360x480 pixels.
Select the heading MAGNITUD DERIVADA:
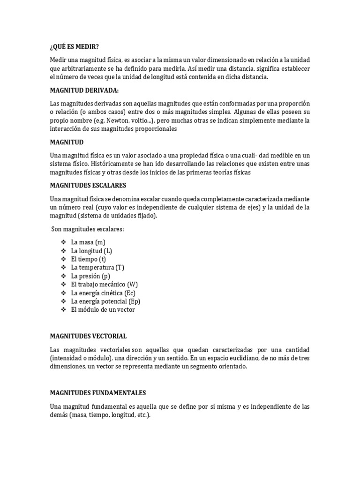pyautogui.click(x=84, y=90)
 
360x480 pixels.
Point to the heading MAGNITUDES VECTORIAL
pyautogui.click(x=88, y=337)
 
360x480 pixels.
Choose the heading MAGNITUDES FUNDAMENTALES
pyautogui.click(x=98, y=393)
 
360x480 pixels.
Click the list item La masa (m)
pyautogui.click(x=88, y=242)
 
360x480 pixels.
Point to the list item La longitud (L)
pyautogui.click(x=91, y=250)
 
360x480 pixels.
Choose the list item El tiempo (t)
pyautogui.click(x=88, y=259)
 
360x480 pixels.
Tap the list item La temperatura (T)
pyautogui.click(x=97, y=267)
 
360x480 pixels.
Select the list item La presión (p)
pyautogui.click(x=90, y=276)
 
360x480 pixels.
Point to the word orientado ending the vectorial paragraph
pyautogui.click(x=231, y=367)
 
